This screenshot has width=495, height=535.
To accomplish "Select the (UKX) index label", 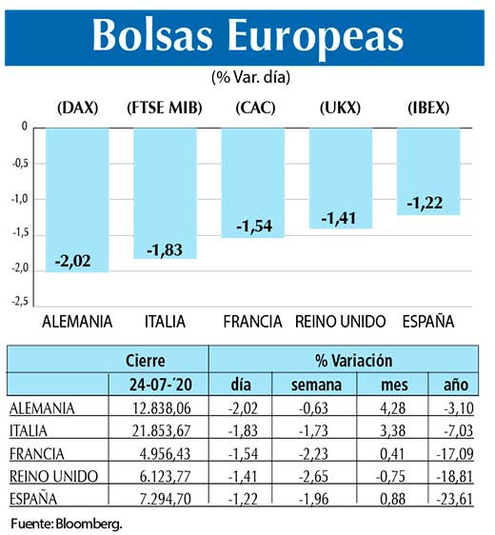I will tap(340, 109).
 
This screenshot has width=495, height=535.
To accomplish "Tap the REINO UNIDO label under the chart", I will tap(340, 322).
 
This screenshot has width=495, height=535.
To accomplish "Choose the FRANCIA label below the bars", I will tap(252, 322).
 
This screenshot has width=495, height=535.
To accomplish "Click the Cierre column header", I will tap(145, 362).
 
